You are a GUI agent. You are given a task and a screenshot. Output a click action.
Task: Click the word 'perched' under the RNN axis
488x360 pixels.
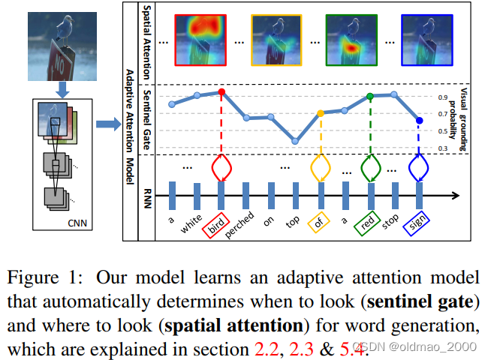[242, 224]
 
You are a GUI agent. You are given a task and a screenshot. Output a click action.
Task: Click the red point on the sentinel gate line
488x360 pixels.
[221, 91]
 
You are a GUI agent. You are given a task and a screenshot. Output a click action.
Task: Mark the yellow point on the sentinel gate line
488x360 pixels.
[321, 113]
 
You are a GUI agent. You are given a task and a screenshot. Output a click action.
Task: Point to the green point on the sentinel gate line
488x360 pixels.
[370, 97]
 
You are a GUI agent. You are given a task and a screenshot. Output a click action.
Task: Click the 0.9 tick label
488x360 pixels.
[443, 97]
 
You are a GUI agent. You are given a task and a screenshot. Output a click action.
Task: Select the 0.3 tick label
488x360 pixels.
[443, 148]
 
